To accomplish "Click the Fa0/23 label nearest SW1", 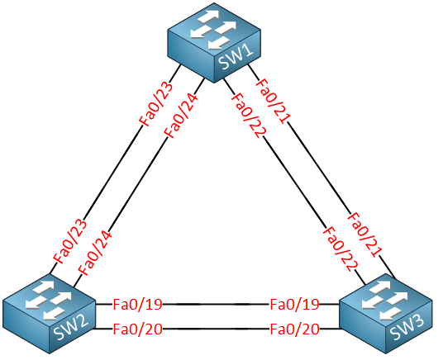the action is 156,104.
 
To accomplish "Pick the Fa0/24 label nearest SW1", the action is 181,116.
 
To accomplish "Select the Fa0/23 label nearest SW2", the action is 70,241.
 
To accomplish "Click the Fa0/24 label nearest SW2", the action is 95,253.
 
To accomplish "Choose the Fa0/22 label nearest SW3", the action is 341,249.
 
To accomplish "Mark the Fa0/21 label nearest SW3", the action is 364,235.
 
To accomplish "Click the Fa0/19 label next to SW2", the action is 137,305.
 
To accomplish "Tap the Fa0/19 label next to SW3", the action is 295,305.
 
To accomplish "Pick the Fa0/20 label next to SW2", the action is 137,329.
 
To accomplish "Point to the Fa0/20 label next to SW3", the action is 295,329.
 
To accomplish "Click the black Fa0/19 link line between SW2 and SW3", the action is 217,305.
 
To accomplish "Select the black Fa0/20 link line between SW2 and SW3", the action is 217,329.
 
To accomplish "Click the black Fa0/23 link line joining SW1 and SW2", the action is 115,169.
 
